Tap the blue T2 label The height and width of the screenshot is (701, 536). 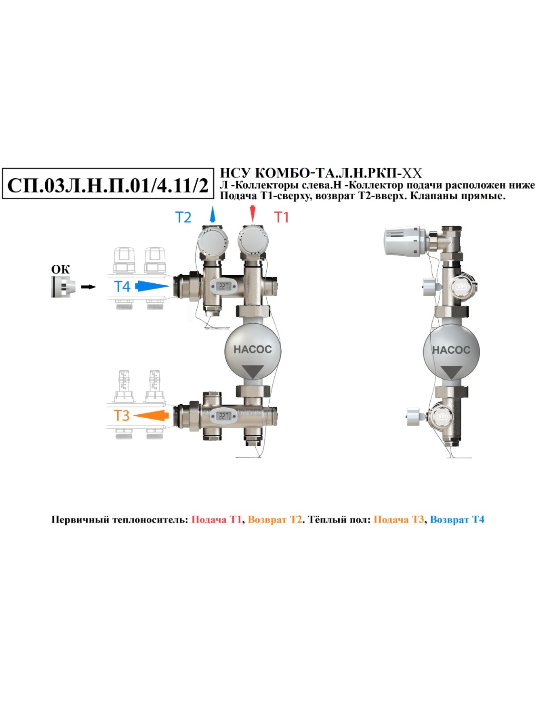coord(183,218)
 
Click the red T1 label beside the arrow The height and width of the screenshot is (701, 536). coord(282,217)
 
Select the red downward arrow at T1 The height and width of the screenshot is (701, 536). coord(253,214)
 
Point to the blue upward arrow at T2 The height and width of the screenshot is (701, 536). coord(212,214)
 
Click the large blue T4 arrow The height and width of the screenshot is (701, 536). coord(152,286)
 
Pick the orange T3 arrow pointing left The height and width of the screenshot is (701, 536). coord(151,415)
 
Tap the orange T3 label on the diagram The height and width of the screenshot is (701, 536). coord(121,415)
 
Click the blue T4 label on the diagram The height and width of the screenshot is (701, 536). coord(122,286)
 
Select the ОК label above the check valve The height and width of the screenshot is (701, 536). coord(61,270)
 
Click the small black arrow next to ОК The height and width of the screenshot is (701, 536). coord(88,287)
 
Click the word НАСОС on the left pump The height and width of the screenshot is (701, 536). coord(253,350)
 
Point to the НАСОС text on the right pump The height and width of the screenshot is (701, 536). coord(451,350)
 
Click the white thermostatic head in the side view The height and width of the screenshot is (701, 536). coord(405,240)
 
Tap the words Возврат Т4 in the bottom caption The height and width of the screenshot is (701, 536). coord(457,520)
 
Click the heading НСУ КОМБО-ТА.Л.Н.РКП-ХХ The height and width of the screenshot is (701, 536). coord(321,173)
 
